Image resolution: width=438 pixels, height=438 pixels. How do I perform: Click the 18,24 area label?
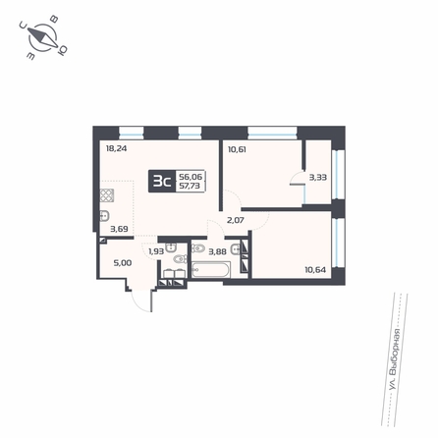click(116, 148)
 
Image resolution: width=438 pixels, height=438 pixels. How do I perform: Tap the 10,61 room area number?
click(237, 149)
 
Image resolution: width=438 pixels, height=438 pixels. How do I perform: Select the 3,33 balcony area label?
click(318, 178)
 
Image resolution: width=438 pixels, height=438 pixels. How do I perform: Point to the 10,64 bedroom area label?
click(315, 270)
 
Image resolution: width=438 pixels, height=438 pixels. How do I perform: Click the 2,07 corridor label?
click(236, 220)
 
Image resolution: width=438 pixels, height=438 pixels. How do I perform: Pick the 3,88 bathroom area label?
click(218, 251)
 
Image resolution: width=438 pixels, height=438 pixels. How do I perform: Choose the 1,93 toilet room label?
click(156, 251)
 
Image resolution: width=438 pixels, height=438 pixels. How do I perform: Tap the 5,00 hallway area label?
click(123, 263)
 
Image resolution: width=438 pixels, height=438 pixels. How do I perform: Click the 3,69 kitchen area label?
click(119, 229)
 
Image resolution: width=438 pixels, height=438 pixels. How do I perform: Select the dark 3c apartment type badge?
click(162, 181)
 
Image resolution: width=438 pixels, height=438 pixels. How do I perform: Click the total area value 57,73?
click(191, 186)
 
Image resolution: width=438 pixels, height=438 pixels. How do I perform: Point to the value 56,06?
click(191, 177)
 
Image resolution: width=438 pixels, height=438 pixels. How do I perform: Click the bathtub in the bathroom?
click(211, 270)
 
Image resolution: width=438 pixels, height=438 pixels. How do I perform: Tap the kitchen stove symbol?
click(107, 195)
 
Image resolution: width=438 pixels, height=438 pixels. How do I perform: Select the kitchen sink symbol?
click(104, 216)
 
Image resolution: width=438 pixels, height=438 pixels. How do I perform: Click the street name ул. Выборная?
click(395, 359)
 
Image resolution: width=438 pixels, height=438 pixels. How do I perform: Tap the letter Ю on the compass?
click(62, 50)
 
